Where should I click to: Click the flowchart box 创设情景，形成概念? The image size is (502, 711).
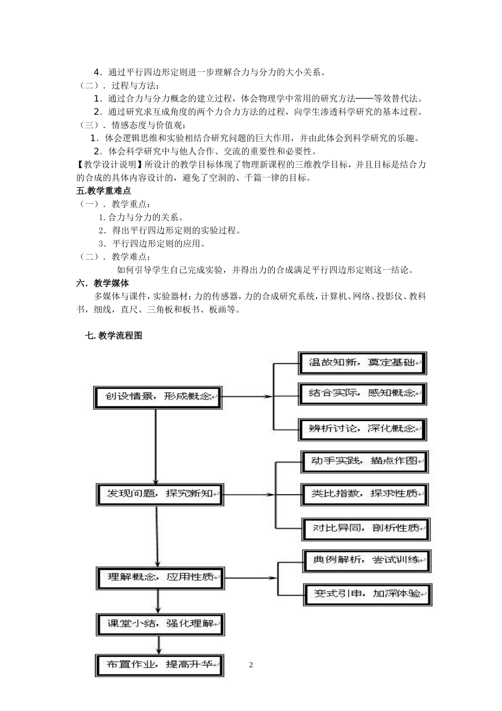157,397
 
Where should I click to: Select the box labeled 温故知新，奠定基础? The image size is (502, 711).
362,363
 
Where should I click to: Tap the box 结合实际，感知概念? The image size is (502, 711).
362,394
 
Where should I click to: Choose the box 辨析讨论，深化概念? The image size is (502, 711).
362,429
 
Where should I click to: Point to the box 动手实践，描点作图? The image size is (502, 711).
365,461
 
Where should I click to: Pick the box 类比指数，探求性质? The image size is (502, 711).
365,494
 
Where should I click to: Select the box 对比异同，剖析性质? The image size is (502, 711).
366,528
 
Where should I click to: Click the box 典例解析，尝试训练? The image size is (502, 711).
367,560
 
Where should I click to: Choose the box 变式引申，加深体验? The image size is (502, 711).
368,594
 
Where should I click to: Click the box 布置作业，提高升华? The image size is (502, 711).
160,665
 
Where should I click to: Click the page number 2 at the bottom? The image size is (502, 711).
251,665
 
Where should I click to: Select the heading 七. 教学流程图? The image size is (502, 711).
113,335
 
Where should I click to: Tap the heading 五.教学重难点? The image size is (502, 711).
104,191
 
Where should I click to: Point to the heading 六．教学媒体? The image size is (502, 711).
103,283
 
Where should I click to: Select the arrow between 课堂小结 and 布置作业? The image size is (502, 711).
159,645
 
